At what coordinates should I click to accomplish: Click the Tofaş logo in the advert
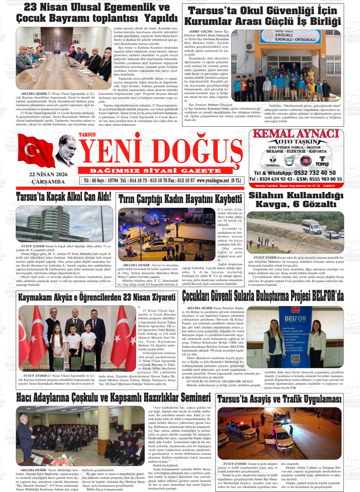click(x=322, y=161)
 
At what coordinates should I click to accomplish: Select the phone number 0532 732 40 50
click(x=315, y=173)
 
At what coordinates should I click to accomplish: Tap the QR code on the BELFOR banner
click(x=295, y=359)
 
